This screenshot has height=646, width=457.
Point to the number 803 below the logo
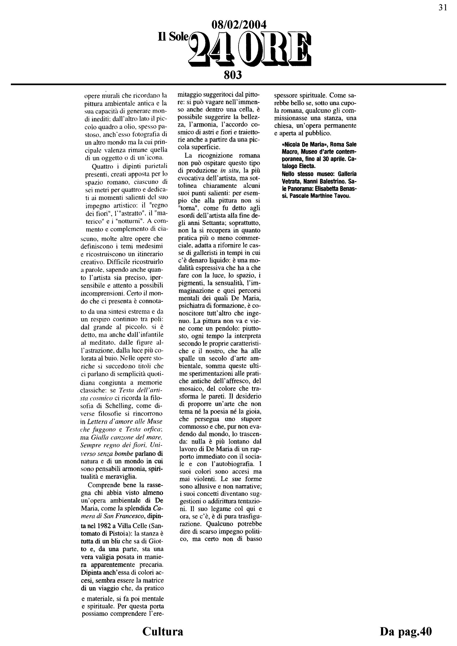click(x=233, y=75)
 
